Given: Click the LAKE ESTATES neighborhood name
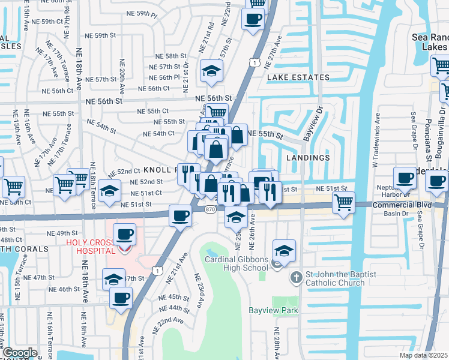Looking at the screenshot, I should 298,77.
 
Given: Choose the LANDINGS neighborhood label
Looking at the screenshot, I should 309,157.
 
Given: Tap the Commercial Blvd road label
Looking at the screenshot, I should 402,205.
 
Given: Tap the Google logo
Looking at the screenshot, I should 20,353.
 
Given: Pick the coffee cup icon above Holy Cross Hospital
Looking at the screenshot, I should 124,234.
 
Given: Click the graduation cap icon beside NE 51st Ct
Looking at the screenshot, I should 109,190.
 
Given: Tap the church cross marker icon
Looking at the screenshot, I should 295,278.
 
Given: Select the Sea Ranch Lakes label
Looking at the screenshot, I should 430,41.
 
